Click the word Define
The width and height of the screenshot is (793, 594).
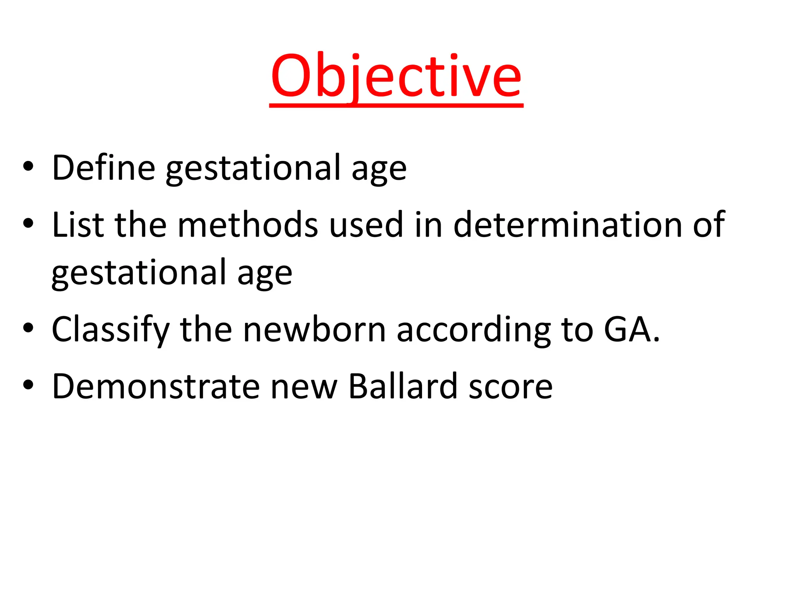[104, 167]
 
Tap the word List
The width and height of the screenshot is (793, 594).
[78, 225]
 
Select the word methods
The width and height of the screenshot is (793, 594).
[247, 225]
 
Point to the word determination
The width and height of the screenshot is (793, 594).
[568, 225]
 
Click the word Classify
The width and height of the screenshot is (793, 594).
[111, 330]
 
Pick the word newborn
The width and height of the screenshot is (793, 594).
[314, 330]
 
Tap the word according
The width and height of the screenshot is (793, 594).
[474, 330]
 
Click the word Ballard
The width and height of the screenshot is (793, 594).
[403, 386]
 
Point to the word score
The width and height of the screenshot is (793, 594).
[510, 386]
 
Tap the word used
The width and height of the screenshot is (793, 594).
[366, 225]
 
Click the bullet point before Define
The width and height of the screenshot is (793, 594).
[28, 167]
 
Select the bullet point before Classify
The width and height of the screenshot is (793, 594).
[28, 329]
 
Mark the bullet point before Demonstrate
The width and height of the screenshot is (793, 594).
[28, 386]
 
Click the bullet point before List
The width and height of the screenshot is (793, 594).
[28, 224]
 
